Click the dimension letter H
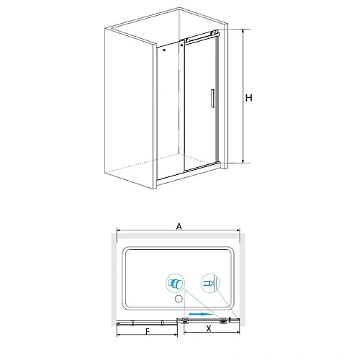pyautogui.click(x=249, y=98)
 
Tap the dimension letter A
pyautogui.click(x=179, y=226)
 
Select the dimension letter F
pyautogui.click(x=148, y=331)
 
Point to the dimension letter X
pyautogui.click(x=209, y=328)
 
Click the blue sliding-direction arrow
pyautogui.click(x=201, y=314)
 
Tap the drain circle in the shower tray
pyautogui.click(x=179, y=299)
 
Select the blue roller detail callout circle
pyautogui.click(x=176, y=283)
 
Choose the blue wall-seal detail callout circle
pyautogui.click(x=210, y=283)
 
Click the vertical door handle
pyautogui.click(x=212, y=98)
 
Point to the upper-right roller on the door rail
pyautogui.click(x=212, y=33)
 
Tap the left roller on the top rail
pyautogui.click(x=188, y=40)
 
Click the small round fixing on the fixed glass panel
pyautogui.click(x=164, y=50)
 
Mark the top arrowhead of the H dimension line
pyautogui.click(x=243, y=31)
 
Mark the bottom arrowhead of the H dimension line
pyautogui.click(x=243, y=161)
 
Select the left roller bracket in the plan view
pyautogui.click(x=185, y=320)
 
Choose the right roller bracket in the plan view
pyautogui.click(x=223, y=320)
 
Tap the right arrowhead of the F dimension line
pyautogui.click(x=176, y=335)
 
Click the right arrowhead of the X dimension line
pyautogui.click(x=238, y=333)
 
